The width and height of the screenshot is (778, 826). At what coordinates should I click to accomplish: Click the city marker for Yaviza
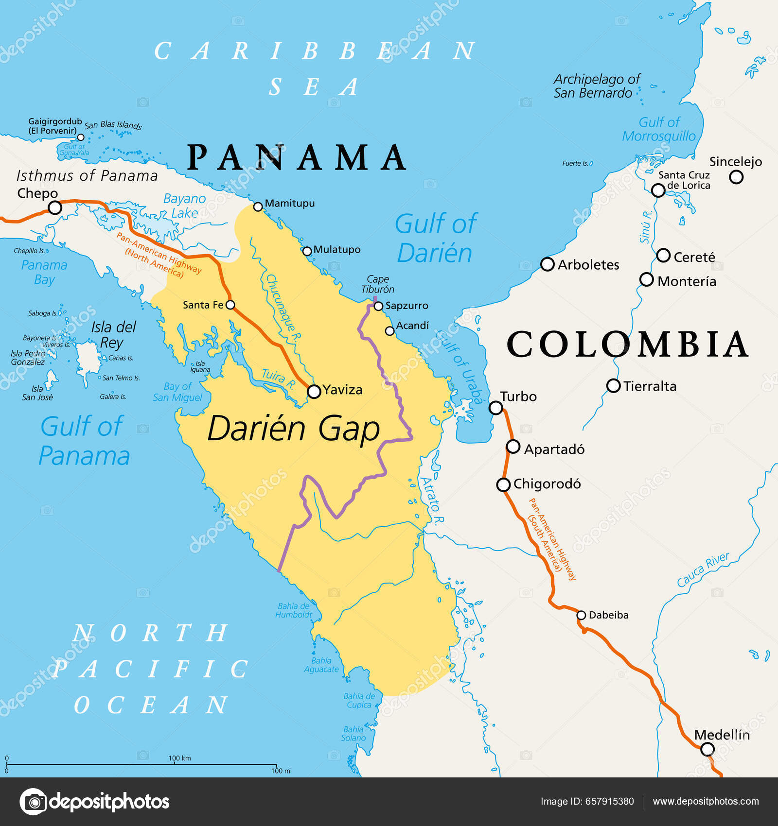point(314,391)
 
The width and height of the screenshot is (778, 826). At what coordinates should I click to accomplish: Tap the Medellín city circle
point(707,749)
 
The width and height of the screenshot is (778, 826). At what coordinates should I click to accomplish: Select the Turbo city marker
point(495,407)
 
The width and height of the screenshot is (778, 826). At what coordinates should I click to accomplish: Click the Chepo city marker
point(55,208)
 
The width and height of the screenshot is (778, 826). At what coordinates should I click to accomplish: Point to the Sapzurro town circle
point(378,306)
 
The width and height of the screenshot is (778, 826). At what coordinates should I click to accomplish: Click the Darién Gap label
point(293,429)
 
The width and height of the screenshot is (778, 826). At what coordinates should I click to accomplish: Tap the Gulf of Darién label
point(436,238)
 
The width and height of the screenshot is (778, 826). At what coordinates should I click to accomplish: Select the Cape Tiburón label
point(378,284)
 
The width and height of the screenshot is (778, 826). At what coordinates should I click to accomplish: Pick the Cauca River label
point(703,569)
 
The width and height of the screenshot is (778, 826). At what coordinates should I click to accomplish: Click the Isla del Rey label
point(113,334)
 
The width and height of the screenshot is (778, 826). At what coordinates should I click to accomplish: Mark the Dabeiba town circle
point(581,615)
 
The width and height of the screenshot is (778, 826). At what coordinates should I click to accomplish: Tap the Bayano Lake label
point(184,206)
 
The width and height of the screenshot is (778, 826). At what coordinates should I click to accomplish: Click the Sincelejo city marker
point(736,177)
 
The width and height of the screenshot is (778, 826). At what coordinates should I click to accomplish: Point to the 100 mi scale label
point(281,771)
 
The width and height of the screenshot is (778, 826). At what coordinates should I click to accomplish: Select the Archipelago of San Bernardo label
point(596,86)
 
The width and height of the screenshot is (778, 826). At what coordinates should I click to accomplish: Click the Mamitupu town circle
point(258,207)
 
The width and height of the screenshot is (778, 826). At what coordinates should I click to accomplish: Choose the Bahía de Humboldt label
point(294,610)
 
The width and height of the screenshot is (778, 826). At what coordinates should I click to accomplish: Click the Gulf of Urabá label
point(460,367)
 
